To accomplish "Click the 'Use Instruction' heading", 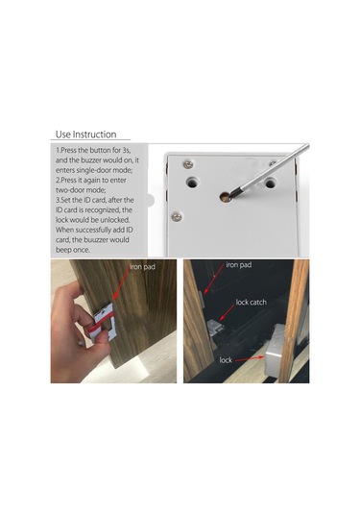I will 85,135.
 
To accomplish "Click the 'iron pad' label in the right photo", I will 239,264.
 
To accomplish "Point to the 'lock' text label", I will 227,359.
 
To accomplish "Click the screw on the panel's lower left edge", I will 176,215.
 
